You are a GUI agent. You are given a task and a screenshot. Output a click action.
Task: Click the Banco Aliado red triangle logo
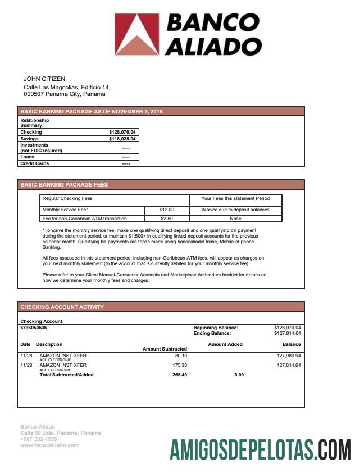click(137, 34)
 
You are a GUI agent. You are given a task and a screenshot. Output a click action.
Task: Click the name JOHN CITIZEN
click(44, 79)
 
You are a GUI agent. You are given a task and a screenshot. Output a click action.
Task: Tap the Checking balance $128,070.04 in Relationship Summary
click(122, 132)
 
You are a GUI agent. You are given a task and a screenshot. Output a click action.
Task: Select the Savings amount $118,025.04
click(122, 139)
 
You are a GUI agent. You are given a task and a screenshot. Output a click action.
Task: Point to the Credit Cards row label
click(34, 163)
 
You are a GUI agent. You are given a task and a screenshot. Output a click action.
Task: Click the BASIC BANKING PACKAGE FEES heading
click(64, 184)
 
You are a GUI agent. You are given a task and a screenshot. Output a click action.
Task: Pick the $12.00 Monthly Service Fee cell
click(167, 210)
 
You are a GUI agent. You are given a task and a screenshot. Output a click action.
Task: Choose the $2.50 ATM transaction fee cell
click(167, 218)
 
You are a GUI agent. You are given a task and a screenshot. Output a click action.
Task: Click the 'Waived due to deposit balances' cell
click(235, 210)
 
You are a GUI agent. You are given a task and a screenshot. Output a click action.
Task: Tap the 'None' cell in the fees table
click(235, 218)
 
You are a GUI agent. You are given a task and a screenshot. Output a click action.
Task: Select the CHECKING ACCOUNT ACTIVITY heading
click(62, 307)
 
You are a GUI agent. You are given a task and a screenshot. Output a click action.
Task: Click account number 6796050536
click(34, 328)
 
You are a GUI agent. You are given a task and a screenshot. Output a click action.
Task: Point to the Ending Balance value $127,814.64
click(287, 333)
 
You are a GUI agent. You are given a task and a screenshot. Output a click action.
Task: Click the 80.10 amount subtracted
click(180, 356)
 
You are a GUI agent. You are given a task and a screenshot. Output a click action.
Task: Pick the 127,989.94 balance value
click(289, 356)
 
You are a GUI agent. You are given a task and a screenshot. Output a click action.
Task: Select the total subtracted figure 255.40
click(179, 375)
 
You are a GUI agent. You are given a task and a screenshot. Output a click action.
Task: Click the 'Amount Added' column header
click(225, 344)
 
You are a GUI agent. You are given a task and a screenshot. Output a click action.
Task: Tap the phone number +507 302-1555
click(39, 439)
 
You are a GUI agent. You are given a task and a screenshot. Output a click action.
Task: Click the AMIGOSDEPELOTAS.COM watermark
click(261, 450)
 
